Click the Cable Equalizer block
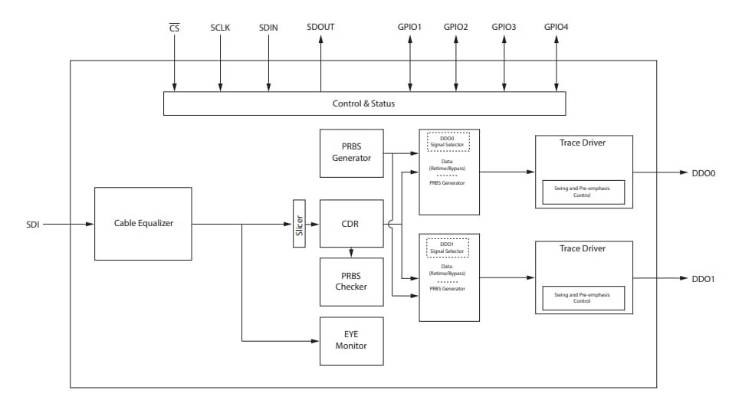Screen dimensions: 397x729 pyautogui.click(x=143, y=224)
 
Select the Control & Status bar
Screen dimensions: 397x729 pyautogui.click(x=364, y=103)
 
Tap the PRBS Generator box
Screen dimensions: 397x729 pyautogui.click(x=351, y=153)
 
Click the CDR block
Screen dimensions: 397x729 pyautogui.click(x=351, y=224)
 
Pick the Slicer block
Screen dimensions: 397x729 pyautogui.click(x=299, y=224)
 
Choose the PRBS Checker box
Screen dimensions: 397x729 pyautogui.click(x=351, y=281)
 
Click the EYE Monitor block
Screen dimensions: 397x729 pyautogui.click(x=351, y=340)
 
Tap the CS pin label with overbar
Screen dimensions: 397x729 pyautogui.click(x=174, y=28)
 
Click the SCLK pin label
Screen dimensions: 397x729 pyautogui.click(x=220, y=28)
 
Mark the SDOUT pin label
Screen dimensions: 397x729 pyautogui.click(x=320, y=27)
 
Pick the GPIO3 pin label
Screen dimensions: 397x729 pyautogui.click(x=504, y=27)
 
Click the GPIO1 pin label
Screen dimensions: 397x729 pyautogui.click(x=410, y=27)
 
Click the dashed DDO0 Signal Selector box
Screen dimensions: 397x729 pyautogui.click(x=448, y=141)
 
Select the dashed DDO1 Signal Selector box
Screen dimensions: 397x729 pyautogui.click(x=448, y=248)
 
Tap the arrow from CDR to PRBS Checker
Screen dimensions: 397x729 pyautogui.click(x=351, y=252)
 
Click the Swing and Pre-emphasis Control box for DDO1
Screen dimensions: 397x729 pyautogui.click(x=583, y=297)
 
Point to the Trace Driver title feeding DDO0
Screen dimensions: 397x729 pyautogui.click(x=583, y=143)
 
